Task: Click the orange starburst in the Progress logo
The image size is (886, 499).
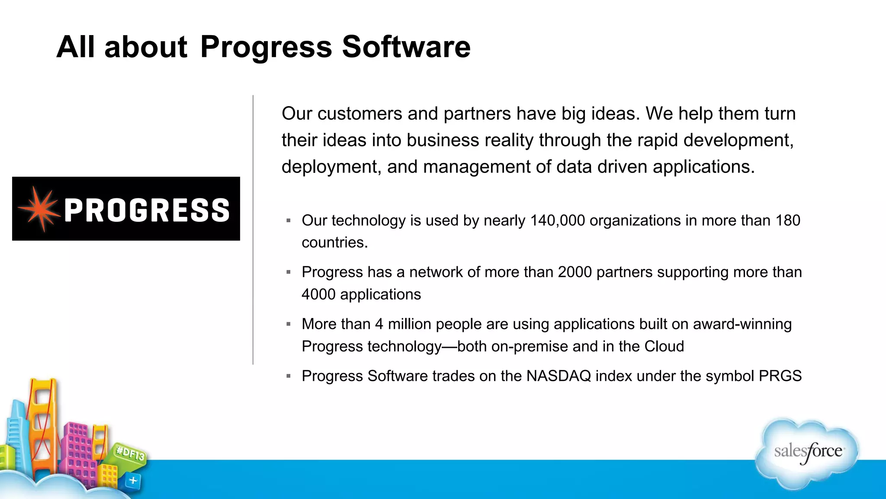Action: tap(40, 209)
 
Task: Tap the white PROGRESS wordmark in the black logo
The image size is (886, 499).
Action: tap(147, 210)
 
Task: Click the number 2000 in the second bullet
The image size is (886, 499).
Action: tap(575, 272)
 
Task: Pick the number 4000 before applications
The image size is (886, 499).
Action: tap(318, 295)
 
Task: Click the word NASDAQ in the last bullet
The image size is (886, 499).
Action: tap(559, 376)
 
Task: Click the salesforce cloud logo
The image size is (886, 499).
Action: tap(807, 453)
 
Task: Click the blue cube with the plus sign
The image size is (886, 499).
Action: tap(133, 480)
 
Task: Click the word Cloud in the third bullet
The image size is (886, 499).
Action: tap(664, 347)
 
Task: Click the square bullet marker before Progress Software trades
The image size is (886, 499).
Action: tap(289, 376)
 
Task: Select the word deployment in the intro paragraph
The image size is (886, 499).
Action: tap(331, 167)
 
